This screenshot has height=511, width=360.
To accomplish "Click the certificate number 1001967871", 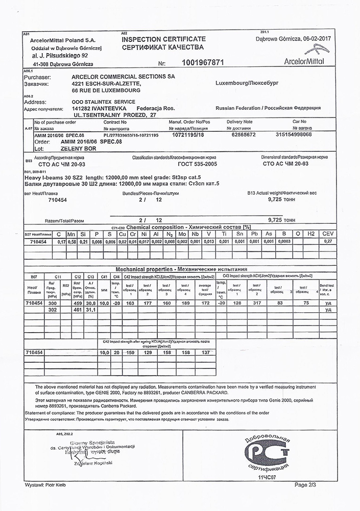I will pos(203,62).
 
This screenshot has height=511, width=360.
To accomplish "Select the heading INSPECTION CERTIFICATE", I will pos(163,39).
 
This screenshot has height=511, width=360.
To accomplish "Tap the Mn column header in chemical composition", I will pos(71,234).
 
